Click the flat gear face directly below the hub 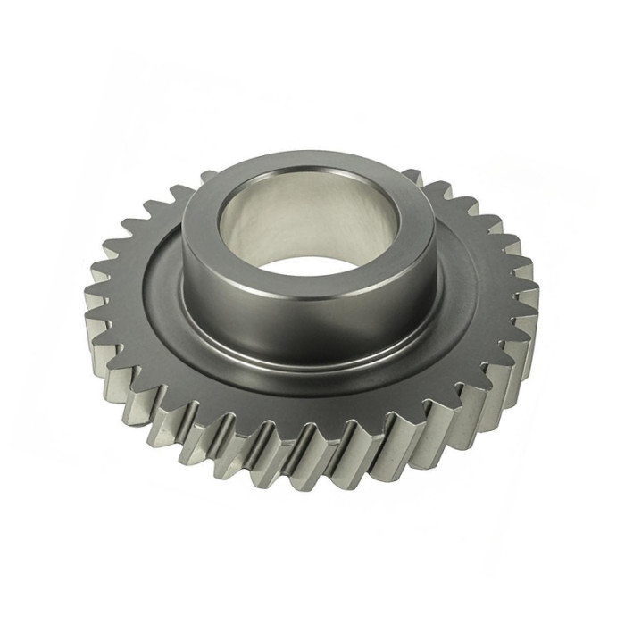[308, 393]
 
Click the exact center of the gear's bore [308, 228]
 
